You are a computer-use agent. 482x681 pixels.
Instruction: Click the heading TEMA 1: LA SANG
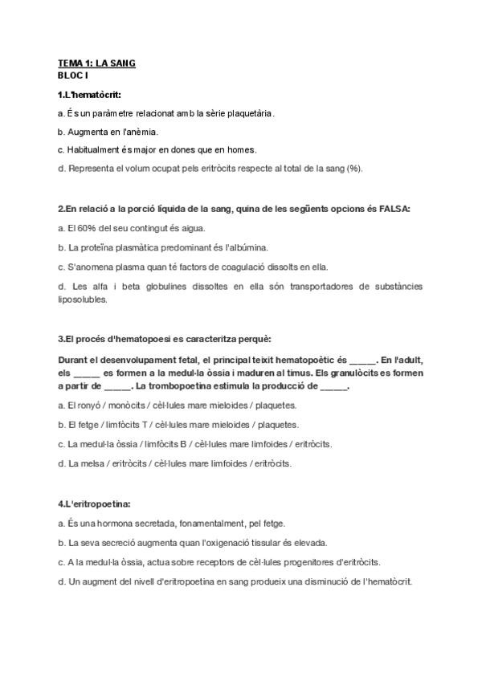[96, 63]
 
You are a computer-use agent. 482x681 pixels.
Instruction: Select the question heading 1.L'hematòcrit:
[89, 94]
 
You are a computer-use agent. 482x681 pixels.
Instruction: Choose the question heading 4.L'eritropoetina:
[94, 504]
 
